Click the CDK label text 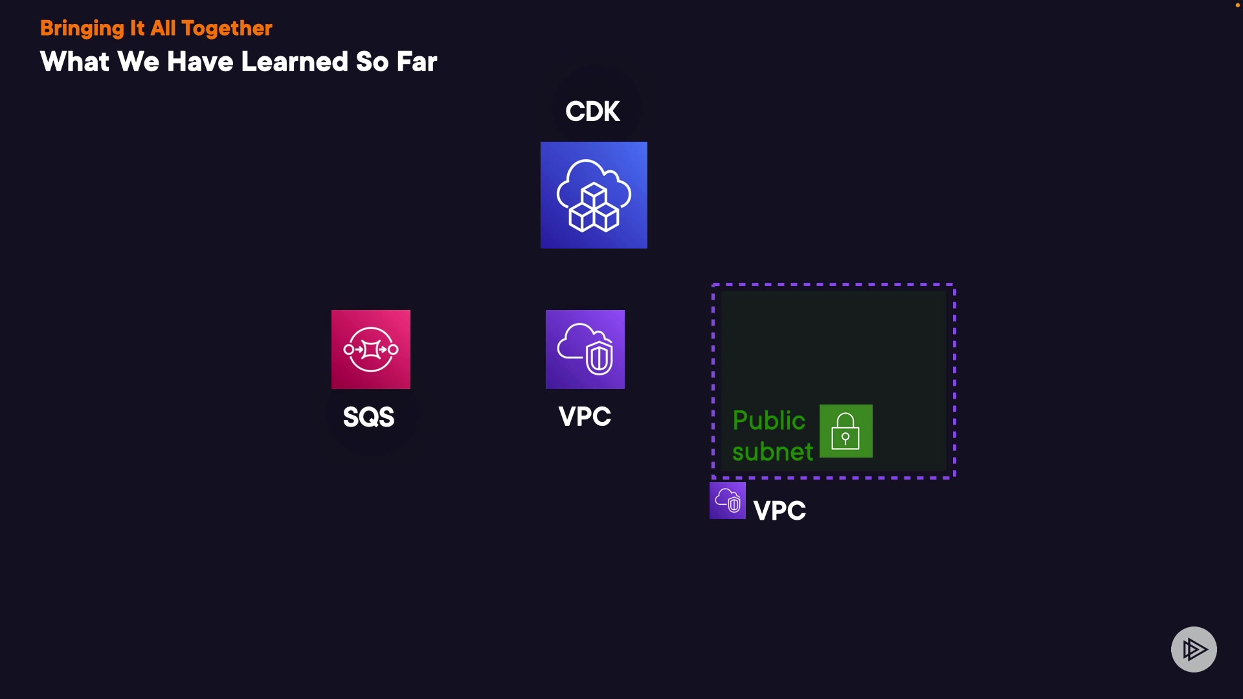click(592, 111)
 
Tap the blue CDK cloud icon click(594, 195)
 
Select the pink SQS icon click(370, 349)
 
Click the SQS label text click(368, 417)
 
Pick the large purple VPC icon click(585, 349)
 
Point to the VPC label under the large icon click(585, 416)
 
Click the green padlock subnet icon click(845, 431)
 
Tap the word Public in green click(768, 421)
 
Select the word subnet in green click(772, 452)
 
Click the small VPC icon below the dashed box click(727, 500)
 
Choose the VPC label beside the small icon click(779, 511)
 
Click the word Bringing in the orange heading click(82, 28)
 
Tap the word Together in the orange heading click(227, 28)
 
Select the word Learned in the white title click(295, 62)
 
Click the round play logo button click(1194, 649)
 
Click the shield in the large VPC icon click(599, 358)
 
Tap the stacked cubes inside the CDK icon click(594, 208)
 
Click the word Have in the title click(200, 62)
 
